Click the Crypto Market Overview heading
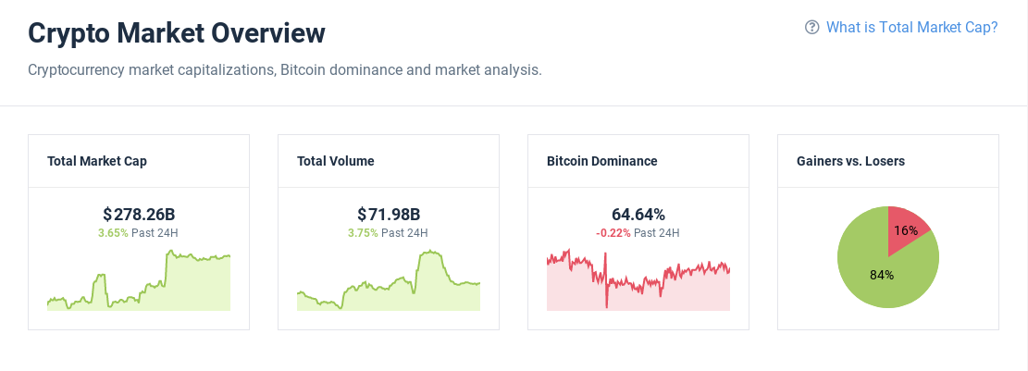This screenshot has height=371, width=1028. (177, 33)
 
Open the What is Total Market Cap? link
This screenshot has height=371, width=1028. (911, 28)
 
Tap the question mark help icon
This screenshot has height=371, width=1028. (812, 28)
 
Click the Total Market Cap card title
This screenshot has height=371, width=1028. (97, 161)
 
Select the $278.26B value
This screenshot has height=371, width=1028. (139, 215)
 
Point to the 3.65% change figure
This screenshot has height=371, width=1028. (113, 233)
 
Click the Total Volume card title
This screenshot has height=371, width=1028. (336, 161)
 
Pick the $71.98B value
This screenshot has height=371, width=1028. (389, 215)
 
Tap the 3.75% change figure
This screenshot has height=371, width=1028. (363, 233)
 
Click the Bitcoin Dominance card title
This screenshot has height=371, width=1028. (602, 161)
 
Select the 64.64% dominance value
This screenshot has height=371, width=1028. (638, 215)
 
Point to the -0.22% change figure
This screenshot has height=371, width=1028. (613, 233)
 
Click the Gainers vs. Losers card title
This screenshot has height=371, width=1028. (850, 161)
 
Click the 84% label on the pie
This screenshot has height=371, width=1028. (882, 275)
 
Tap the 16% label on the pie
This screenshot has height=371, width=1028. (907, 230)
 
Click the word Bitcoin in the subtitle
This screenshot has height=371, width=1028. (302, 70)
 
